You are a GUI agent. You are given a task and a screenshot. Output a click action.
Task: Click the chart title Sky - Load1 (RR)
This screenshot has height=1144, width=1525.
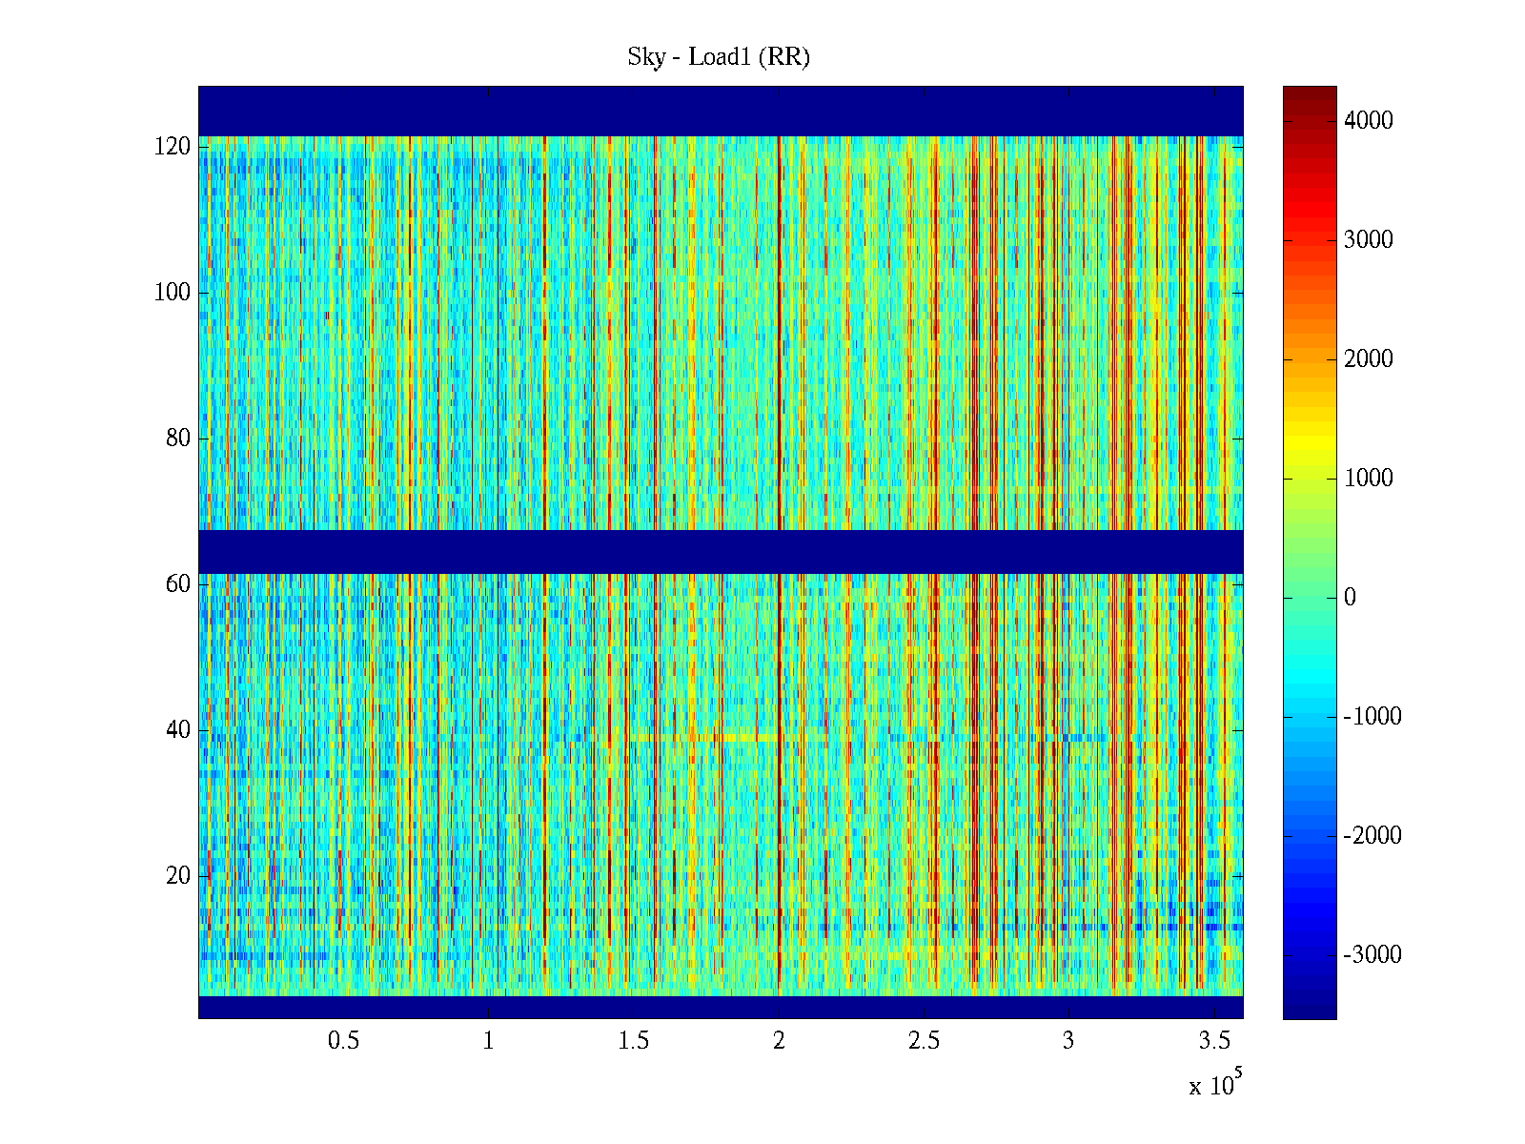(719, 57)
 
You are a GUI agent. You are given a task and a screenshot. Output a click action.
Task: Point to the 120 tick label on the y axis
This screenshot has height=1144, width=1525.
(173, 147)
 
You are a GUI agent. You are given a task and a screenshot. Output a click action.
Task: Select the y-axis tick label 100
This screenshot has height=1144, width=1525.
(173, 293)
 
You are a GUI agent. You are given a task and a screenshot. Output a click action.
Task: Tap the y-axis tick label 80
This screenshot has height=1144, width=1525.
(178, 439)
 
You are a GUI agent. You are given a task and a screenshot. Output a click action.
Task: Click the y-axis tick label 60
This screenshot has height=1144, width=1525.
(178, 584)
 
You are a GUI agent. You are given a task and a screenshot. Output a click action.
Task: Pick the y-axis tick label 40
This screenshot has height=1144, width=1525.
(178, 730)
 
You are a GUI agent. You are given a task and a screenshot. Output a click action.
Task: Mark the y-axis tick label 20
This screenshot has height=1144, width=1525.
(178, 876)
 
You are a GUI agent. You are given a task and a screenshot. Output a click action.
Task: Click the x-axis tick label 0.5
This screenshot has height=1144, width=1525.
(343, 1041)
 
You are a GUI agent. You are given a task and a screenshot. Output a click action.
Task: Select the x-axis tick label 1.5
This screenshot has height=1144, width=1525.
(634, 1041)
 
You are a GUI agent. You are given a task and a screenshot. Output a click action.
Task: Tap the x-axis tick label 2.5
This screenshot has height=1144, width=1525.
(924, 1041)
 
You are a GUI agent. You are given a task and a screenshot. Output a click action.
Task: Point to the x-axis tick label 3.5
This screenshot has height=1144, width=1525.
(1214, 1041)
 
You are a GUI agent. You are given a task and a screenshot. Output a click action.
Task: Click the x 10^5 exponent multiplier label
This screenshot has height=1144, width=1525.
(1215, 1085)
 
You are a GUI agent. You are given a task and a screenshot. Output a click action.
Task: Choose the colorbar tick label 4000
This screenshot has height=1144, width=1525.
(1369, 120)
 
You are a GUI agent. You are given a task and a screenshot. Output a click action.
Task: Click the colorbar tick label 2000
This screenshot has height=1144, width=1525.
(1369, 358)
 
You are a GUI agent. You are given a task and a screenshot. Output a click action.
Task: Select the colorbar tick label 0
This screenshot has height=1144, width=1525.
(1350, 598)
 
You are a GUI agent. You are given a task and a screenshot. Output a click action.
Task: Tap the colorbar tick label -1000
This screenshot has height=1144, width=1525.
(1372, 717)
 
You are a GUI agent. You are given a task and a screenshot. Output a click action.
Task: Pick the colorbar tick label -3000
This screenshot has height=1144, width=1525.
(1372, 955)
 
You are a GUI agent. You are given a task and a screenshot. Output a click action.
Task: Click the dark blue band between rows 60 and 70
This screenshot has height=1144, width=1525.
(721, 551)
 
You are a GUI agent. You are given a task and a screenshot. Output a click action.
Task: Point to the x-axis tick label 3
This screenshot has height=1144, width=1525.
(1068, 1041)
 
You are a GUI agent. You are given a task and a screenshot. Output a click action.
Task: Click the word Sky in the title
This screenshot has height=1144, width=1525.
(645, 57)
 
